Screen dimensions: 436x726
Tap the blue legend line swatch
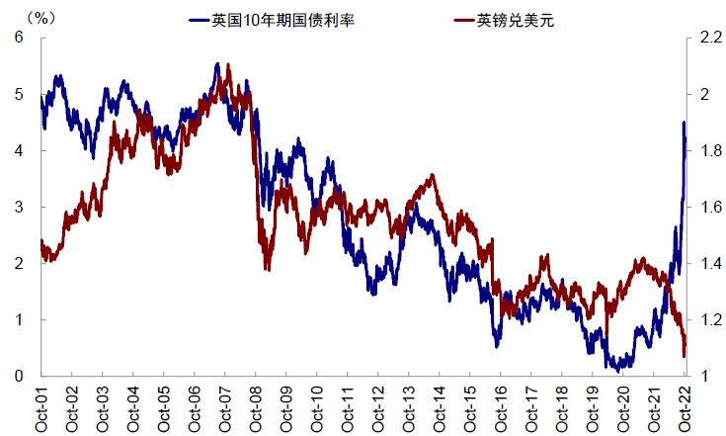tap(199, 20)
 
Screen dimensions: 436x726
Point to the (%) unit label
tap(40, 17)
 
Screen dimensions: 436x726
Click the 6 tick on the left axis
tap(18, 38)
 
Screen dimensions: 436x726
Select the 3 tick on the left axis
tap(18, 207)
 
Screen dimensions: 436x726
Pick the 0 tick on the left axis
tap(18, 376)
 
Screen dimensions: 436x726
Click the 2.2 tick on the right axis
tap(710, 38)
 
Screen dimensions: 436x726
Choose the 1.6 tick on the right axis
tap(710, 207)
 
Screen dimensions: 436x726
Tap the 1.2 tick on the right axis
tap(710, 319)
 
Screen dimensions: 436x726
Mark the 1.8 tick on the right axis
tap(710, 150)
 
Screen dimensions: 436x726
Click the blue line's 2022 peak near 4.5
tap(684, 123)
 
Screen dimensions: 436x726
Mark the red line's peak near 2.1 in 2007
tap(228, 65)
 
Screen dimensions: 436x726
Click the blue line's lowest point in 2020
tap(618, 370)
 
